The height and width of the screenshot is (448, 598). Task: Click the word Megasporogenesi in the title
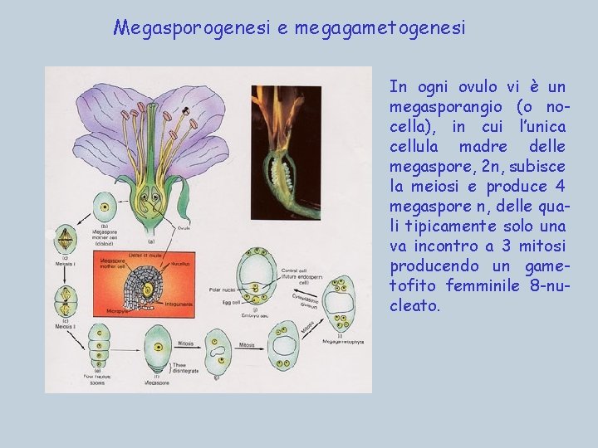click(x=193, y=28)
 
